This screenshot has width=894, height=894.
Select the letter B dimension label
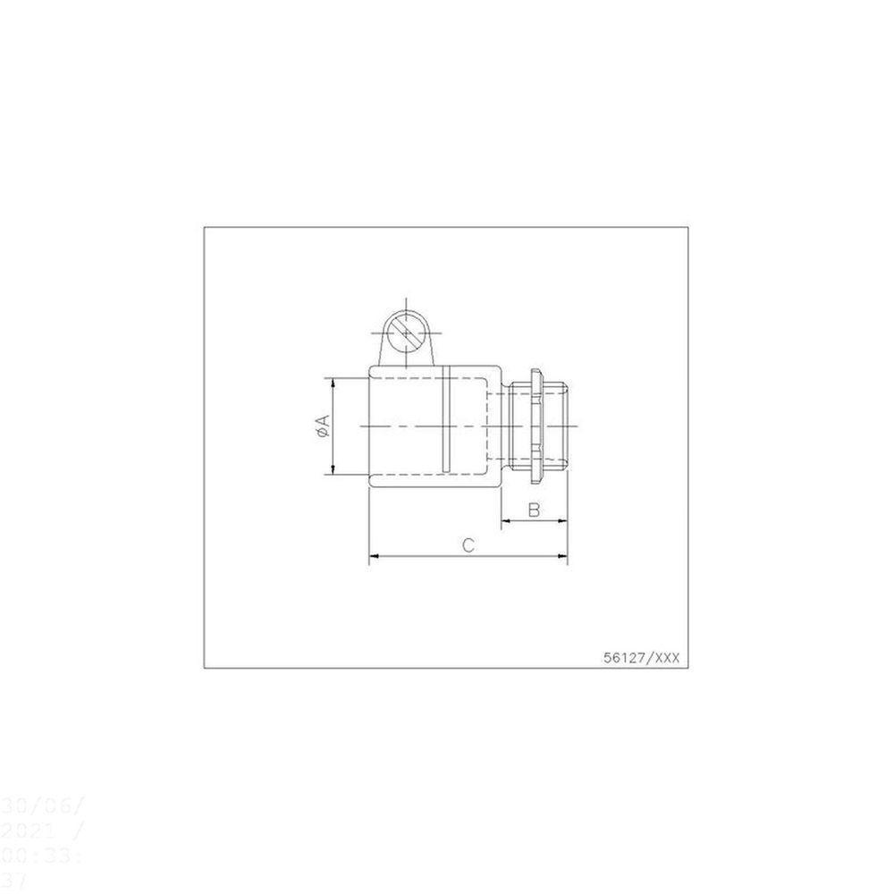click(x=534, y=510)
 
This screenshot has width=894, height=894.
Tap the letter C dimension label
click(x=468, y=544)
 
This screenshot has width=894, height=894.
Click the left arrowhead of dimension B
click(x=504, y=521)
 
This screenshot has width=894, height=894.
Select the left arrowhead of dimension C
click(x=373, y=557)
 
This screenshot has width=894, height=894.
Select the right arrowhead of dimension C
click(x=564, y=557)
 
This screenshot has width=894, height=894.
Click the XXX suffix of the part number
click(x=668, y=657)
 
